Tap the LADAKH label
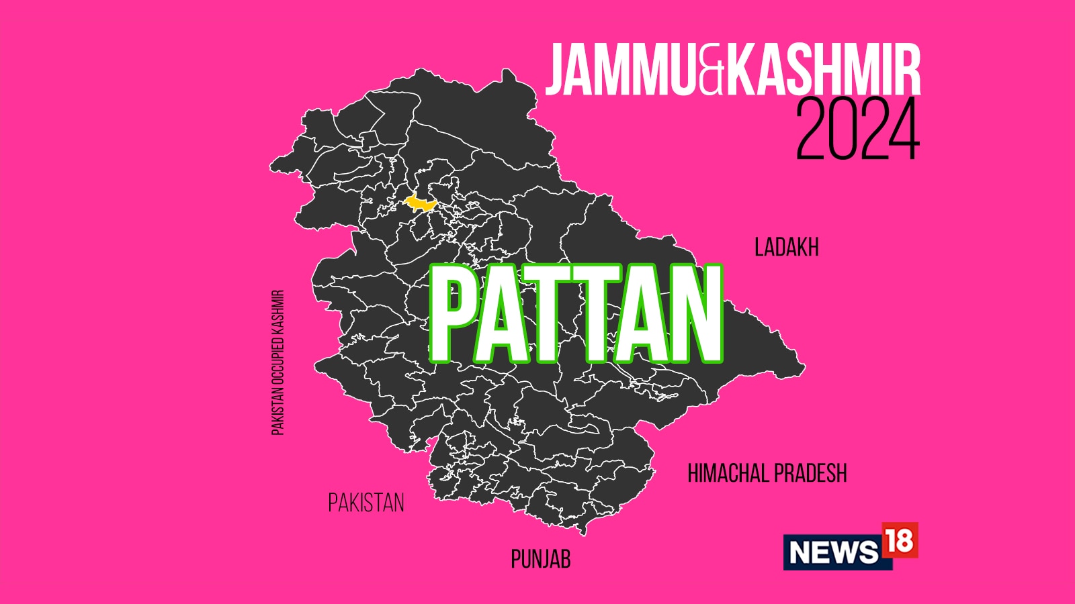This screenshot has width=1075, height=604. (786, 248)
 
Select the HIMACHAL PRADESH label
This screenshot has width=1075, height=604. (767, 474)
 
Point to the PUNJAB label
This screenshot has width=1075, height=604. (540, 559)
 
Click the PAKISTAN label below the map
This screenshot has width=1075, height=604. (366, 503)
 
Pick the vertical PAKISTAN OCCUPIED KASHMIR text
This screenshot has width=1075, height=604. (278, 362)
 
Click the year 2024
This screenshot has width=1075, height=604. (857, 130)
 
